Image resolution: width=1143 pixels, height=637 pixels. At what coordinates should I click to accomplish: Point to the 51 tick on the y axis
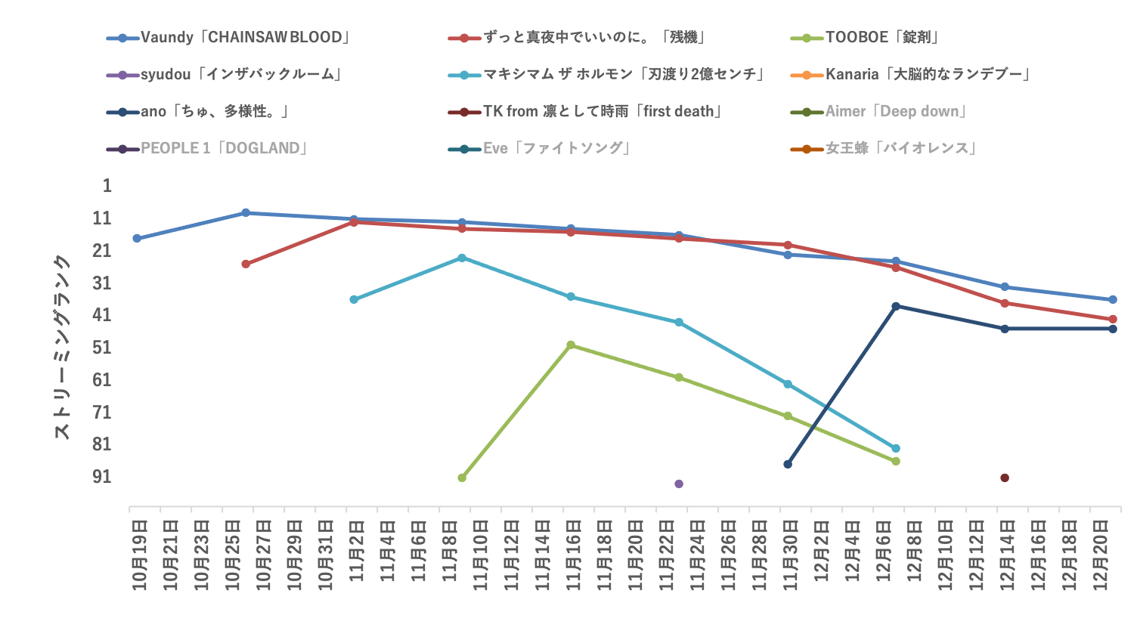pos(102,348)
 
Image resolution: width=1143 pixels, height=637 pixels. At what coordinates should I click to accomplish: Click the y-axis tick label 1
pos(107,186)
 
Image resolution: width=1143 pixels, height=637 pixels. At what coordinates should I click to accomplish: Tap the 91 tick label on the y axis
pos(102,477)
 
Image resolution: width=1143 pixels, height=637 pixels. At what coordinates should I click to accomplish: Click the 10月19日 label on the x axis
pos(140,554)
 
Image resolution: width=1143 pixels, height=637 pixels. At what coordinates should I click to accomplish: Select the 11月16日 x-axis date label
pos(574,554)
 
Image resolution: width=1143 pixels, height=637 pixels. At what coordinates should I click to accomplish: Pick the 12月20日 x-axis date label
pos(1101,554)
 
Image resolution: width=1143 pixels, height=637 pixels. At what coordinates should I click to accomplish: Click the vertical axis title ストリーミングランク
pos(62,348)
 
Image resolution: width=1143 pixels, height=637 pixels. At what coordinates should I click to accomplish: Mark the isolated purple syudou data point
pos(679,484)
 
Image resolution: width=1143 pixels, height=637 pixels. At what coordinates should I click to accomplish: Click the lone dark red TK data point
pos(1005,478)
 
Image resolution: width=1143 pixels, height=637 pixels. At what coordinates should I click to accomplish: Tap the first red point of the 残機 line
pos(246,264)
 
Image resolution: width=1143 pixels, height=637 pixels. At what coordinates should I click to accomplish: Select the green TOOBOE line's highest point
pos(571,345)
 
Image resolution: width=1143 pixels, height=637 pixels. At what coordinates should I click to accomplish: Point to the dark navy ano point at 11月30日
pos(788,464)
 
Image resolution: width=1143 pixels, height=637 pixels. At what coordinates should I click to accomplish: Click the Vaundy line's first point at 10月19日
pos(137,238)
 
